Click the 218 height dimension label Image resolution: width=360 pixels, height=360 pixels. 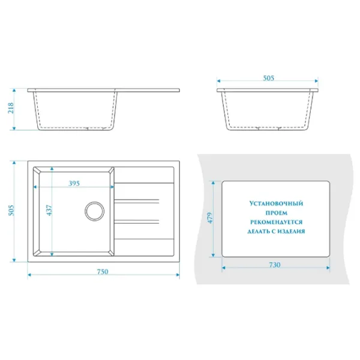(x=11, y=108)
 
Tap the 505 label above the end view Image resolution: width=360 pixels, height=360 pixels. (x=268, y=78)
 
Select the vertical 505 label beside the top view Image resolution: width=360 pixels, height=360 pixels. (x=11, y=211)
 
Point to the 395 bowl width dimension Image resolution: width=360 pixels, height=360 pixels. (x=74, y=183)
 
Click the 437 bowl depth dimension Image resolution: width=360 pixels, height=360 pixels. (x=49, y=210)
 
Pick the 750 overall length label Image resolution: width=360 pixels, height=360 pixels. (x=103, y=272)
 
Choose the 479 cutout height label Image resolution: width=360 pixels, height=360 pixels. (x=210, y=218)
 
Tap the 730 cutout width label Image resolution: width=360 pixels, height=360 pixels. (x=275, y=265)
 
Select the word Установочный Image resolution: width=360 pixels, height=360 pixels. (x=276, y=203)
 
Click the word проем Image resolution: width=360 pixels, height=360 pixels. (x=277, y=213)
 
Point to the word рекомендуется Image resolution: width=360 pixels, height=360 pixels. (x=276, y=222)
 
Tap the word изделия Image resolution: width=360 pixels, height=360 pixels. (x=291, y=231)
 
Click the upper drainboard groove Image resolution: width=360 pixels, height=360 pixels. (x=137, y=202)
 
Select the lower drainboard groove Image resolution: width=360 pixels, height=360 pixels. (x=137, y=221)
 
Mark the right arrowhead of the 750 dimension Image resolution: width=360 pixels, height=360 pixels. (x=178, y=275)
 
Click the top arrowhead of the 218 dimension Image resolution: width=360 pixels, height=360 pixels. (x=14, y=91)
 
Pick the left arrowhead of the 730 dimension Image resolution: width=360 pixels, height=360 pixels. (x=224, y=268)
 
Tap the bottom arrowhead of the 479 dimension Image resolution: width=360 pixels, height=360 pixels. (x=213, y=255)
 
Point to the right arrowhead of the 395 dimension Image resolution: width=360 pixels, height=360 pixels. (x=112, y=187)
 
